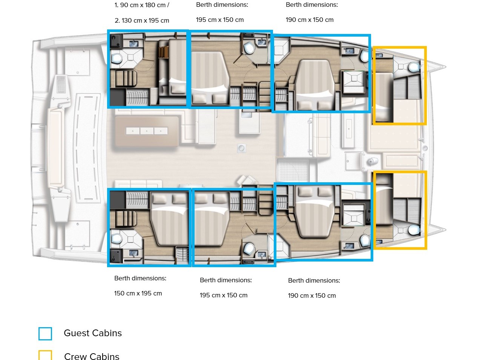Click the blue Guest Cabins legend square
point(45,334)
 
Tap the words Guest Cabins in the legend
point(93,333)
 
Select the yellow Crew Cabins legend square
point(45,355)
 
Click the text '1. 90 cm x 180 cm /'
point(142,5)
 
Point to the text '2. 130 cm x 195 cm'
point(142,21)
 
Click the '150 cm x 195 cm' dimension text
point(138,293)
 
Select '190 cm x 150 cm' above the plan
point(310,20)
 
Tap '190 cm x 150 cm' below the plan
point(312,295)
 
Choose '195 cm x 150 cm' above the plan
point(220,20)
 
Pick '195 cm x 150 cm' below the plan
point(224,295)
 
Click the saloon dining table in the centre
point(147,131)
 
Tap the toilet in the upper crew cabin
point(414,67)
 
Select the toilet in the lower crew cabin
point(414,230)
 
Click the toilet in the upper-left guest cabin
point(117,58)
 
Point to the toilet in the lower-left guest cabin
point(117,238)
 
